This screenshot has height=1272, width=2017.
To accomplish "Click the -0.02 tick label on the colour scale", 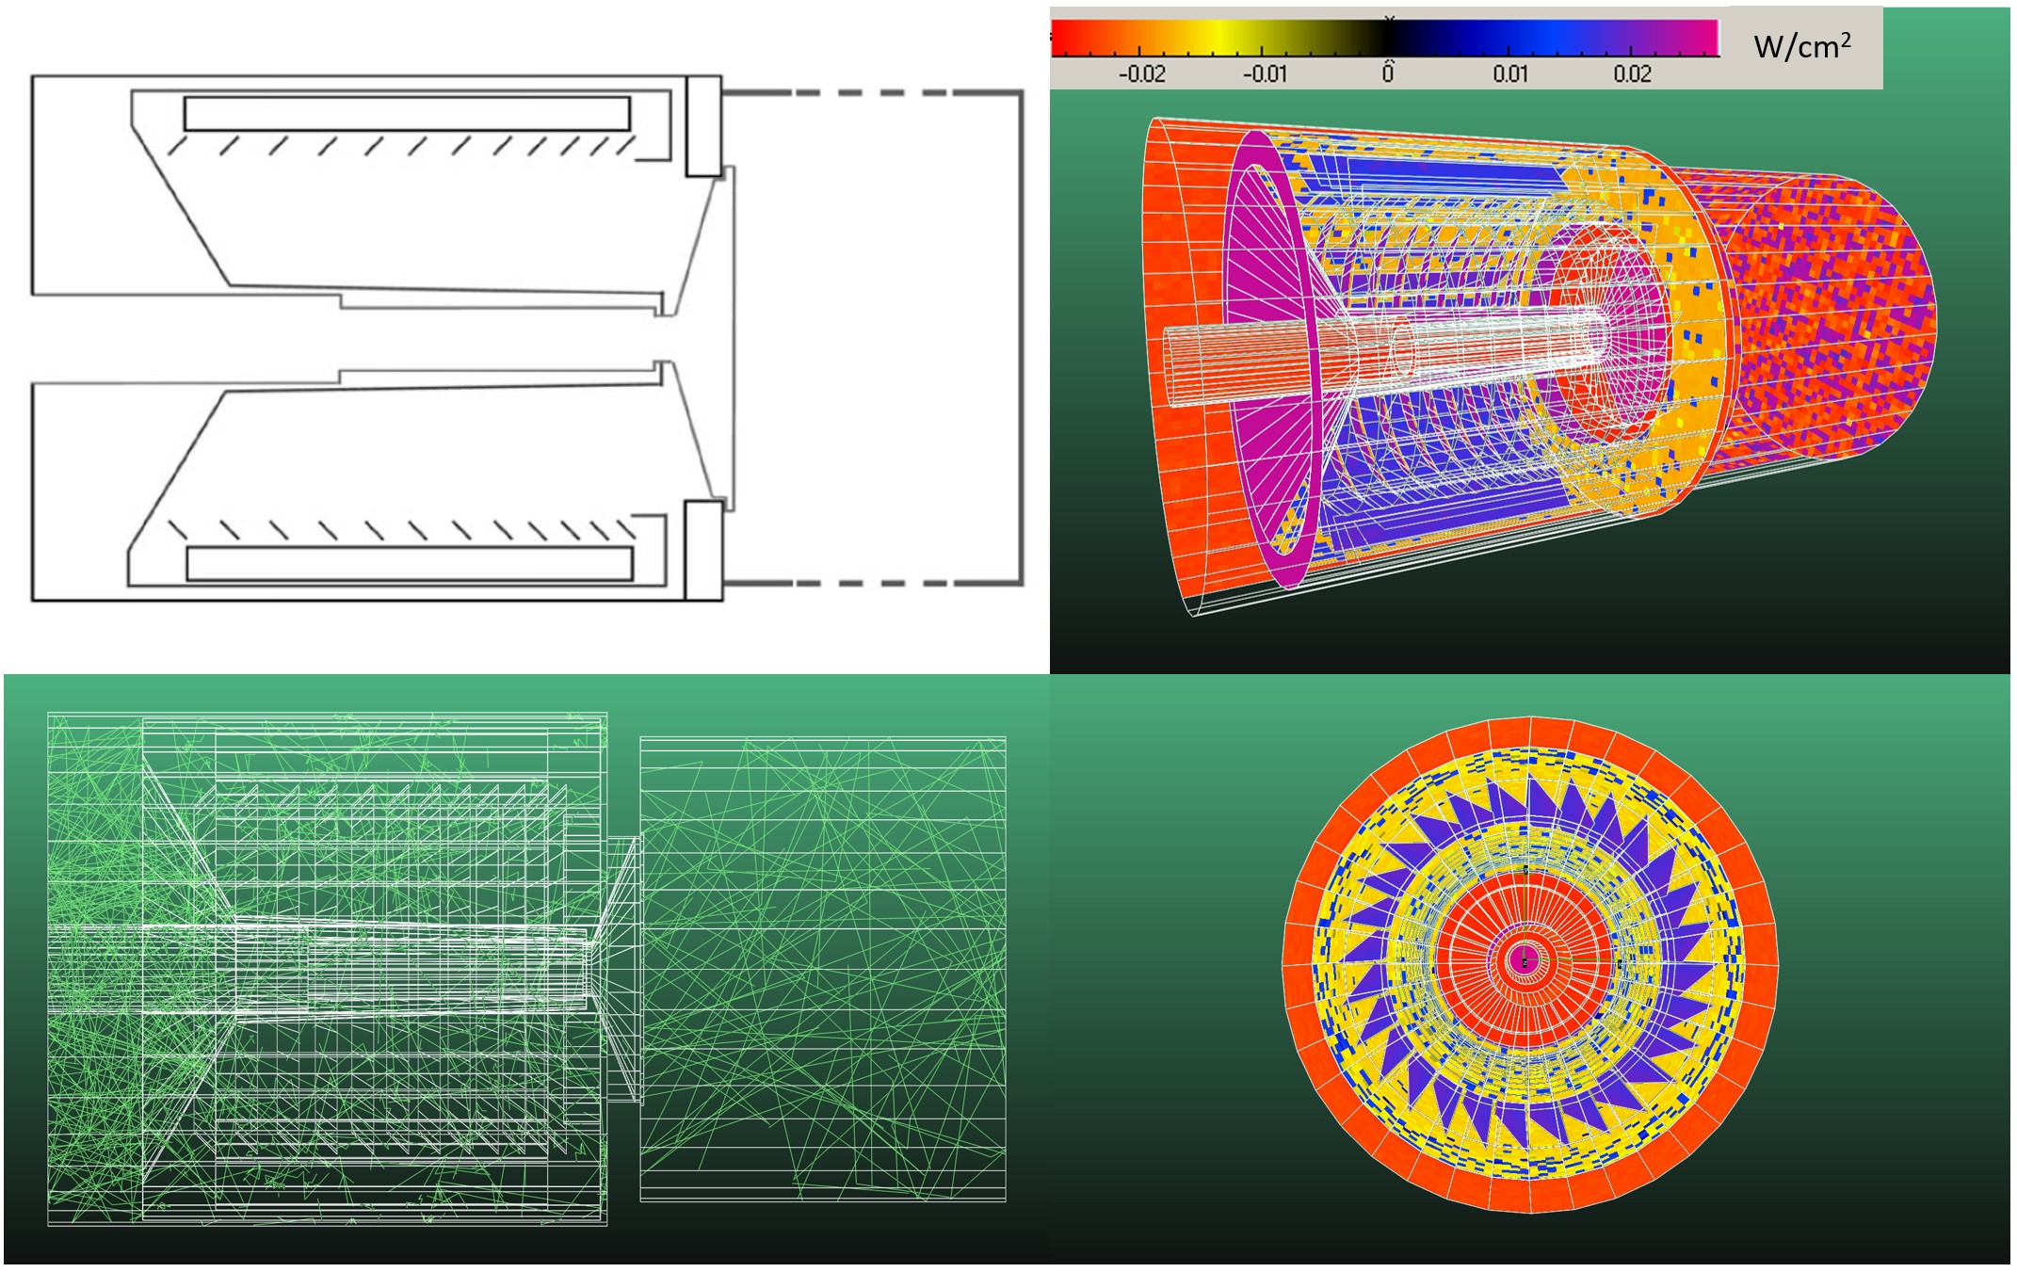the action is (1141, 74).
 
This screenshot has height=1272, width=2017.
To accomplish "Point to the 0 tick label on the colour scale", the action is (1388, 72).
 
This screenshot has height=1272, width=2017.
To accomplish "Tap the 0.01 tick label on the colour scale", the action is (1510, 74).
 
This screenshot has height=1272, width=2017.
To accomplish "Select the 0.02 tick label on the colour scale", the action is (1632, 74).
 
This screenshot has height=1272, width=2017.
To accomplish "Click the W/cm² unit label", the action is (1802, 46).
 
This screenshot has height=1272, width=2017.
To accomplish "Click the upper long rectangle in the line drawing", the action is (407, 113).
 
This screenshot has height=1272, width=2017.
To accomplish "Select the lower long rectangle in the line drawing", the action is (410, 563).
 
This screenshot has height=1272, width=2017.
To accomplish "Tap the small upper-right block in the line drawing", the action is (703, 126).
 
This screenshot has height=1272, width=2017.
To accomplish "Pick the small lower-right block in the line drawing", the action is (702, 551).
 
